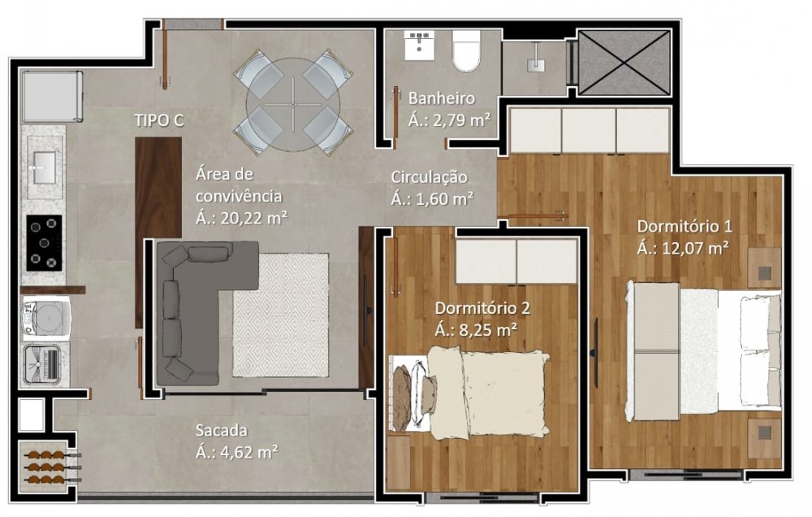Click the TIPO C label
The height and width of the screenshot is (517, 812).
tap(159, 120)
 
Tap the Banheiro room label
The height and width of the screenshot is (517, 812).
tap(442, 98)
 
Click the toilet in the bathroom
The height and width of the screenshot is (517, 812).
tap(467, 50)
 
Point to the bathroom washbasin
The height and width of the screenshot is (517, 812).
tap(419, 45)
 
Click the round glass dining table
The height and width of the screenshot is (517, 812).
tap(293, 102)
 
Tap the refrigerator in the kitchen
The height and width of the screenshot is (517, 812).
tap(52, 97)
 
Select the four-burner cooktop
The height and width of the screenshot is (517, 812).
tap(44, 243)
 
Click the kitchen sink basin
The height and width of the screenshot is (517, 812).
tap(45, 167)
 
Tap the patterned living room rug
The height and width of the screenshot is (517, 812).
tap(281, 315)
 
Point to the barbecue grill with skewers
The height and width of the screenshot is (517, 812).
tap(49, 466)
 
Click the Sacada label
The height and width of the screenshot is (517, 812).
tap(221, 430)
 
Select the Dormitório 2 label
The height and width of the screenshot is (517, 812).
tap(482, 308)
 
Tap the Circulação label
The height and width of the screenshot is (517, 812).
tap(429, 177)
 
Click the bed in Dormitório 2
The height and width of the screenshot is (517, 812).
tap(469, 393)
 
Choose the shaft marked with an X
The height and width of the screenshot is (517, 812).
tap(624, 63)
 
